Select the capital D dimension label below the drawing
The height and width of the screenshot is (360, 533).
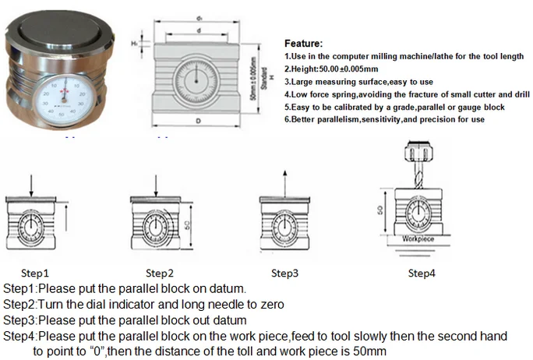(x=200, y=122)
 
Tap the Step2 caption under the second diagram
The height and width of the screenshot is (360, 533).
(x=160, y=274)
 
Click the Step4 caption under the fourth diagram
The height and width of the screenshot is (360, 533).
(x=422, y=274)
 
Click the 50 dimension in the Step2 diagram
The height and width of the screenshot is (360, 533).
(x=189, y=224)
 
